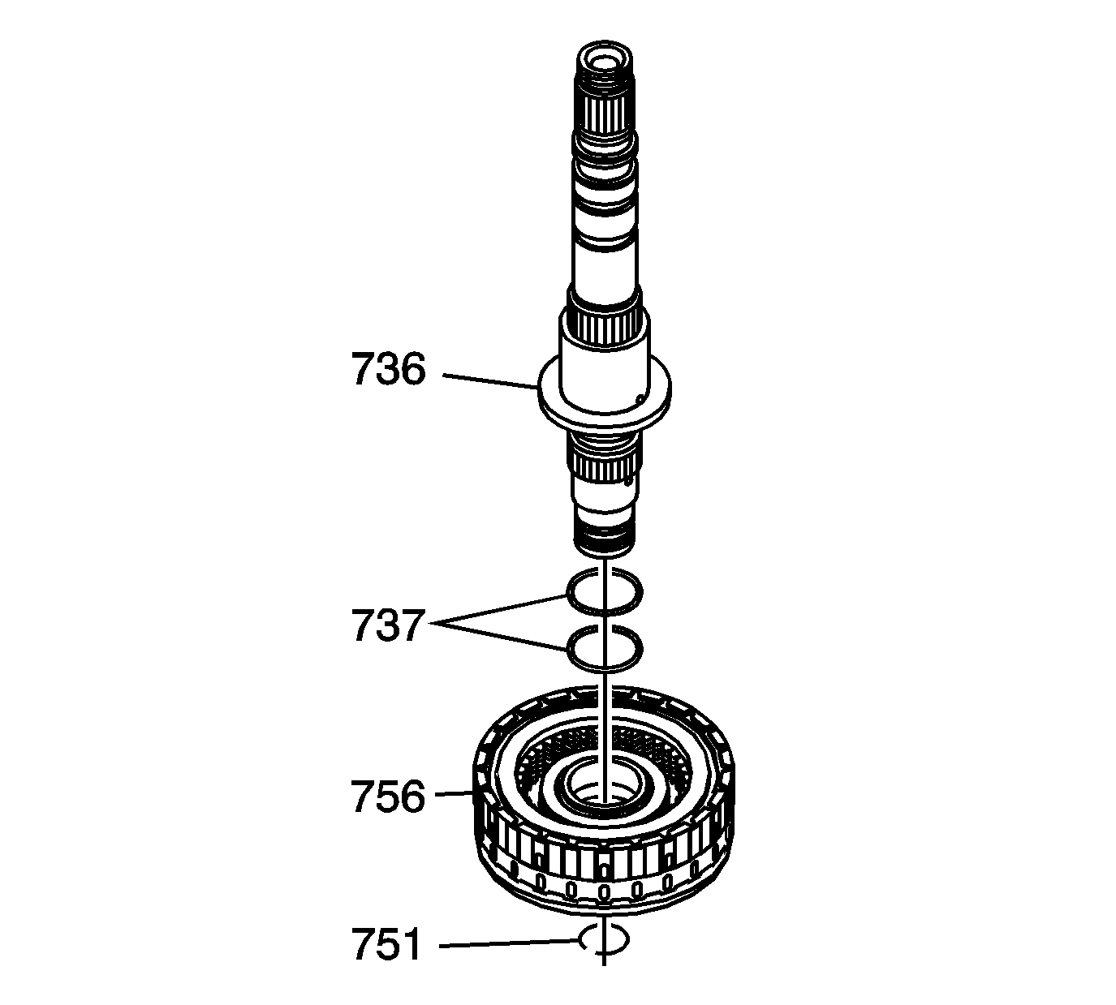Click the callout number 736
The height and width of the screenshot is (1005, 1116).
[x=388, y=369]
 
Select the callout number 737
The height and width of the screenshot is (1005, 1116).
[x=388, y=625]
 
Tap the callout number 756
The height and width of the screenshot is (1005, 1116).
[x=388, y=797]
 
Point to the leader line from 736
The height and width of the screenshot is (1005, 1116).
[x=490, y=381]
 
